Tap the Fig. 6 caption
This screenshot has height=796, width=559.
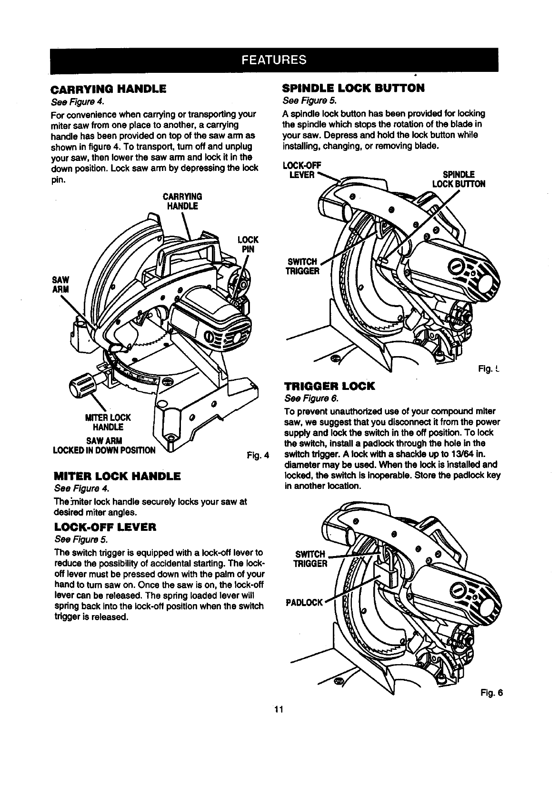(x=491, y=693)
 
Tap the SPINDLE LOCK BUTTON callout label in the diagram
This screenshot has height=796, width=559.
(x=458, y=179)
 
